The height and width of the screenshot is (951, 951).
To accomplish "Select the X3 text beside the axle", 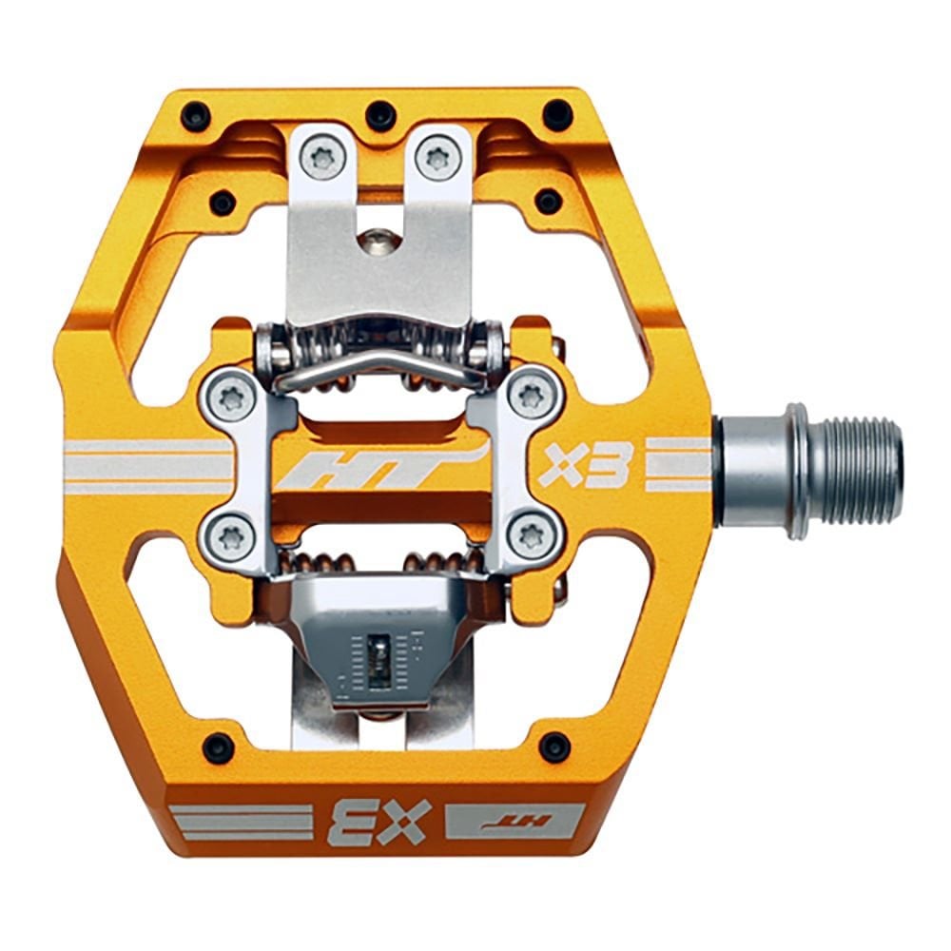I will click(x=585, y=464).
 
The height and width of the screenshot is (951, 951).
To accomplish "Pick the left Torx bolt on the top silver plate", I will click(x=324, y=158).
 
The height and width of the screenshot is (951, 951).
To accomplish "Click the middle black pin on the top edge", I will click(x=381, y=115).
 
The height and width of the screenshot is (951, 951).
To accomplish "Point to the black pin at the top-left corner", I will click(x=196, y=117).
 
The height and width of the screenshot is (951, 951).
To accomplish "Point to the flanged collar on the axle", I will click(x=797, y=470).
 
